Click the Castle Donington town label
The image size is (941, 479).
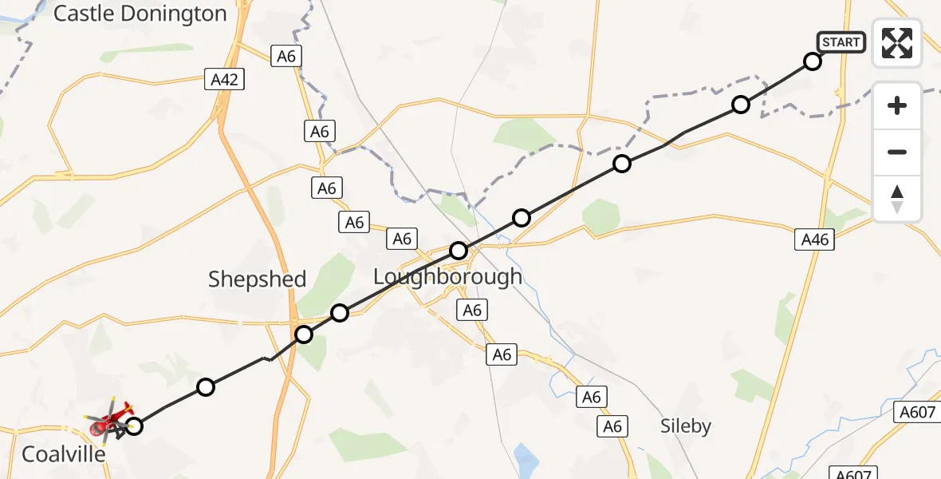[140, 14]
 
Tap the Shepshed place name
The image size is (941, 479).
[257, 279]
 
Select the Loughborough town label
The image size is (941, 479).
[449, 277]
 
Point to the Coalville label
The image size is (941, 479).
[64, 454]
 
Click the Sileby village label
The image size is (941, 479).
[686, 426]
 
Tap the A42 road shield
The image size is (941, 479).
[223, 79]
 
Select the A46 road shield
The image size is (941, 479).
[814, 239]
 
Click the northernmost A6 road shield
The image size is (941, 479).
[285, 55]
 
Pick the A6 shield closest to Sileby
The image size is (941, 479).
[612, 426]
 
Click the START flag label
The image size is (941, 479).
[841, 42]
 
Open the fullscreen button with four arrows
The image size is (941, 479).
[897, 43]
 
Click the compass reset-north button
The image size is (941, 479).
[897, 199]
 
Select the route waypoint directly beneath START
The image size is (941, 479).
[812, 61]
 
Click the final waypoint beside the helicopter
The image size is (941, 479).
[134, 426]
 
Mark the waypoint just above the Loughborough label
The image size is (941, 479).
[459, 251]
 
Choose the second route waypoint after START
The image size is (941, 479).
[741, 105]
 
